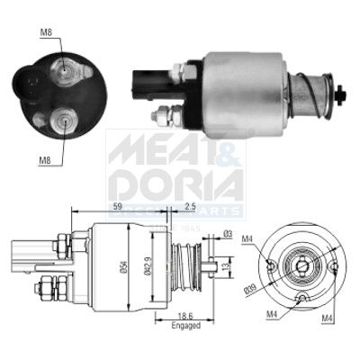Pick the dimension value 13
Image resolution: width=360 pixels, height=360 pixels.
click(228, 267)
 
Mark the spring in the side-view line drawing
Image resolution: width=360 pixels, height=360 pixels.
click(184, 266)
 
